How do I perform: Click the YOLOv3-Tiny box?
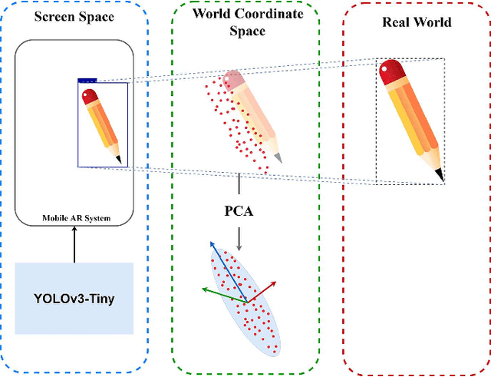click(74, 298)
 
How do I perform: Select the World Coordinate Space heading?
click(239, 21)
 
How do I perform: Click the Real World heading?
click(417, 21)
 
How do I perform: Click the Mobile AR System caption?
click(74, 218)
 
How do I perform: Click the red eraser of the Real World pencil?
click(391, 73)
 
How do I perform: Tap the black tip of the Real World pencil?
click(440, 177)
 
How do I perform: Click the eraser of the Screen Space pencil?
click(91, 96)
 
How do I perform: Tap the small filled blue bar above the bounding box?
click(87, 78)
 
